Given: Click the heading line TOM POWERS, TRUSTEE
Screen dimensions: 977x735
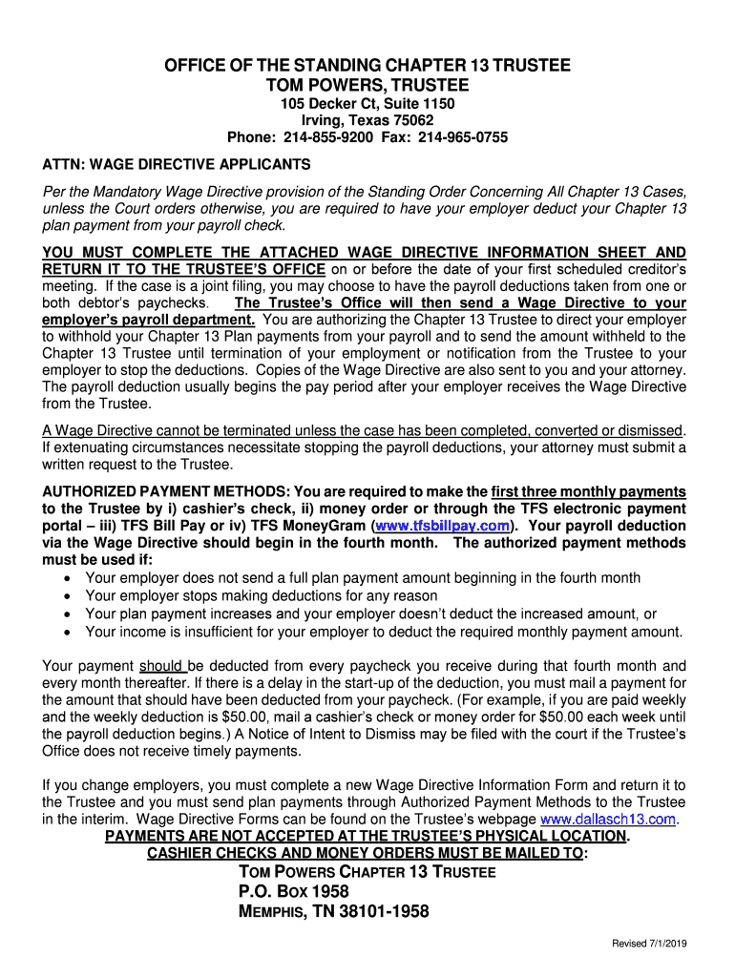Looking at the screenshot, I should pos(367,86).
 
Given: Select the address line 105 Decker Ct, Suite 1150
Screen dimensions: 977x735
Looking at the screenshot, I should pos(367,103).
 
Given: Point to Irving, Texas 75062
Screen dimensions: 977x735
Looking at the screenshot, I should pos(367,120).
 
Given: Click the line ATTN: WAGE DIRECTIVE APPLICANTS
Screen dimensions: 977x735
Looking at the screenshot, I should pos(177,164).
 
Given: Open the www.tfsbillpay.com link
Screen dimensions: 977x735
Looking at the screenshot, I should pos(442,526).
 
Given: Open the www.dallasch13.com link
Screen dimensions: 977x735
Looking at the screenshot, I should pos(608,820).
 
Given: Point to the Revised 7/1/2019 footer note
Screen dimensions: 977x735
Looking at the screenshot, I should pos(650,945).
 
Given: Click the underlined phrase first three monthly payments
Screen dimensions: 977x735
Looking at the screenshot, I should pos(589,491).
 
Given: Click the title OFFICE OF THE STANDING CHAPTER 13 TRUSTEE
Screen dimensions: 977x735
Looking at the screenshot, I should pos(367,66).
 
